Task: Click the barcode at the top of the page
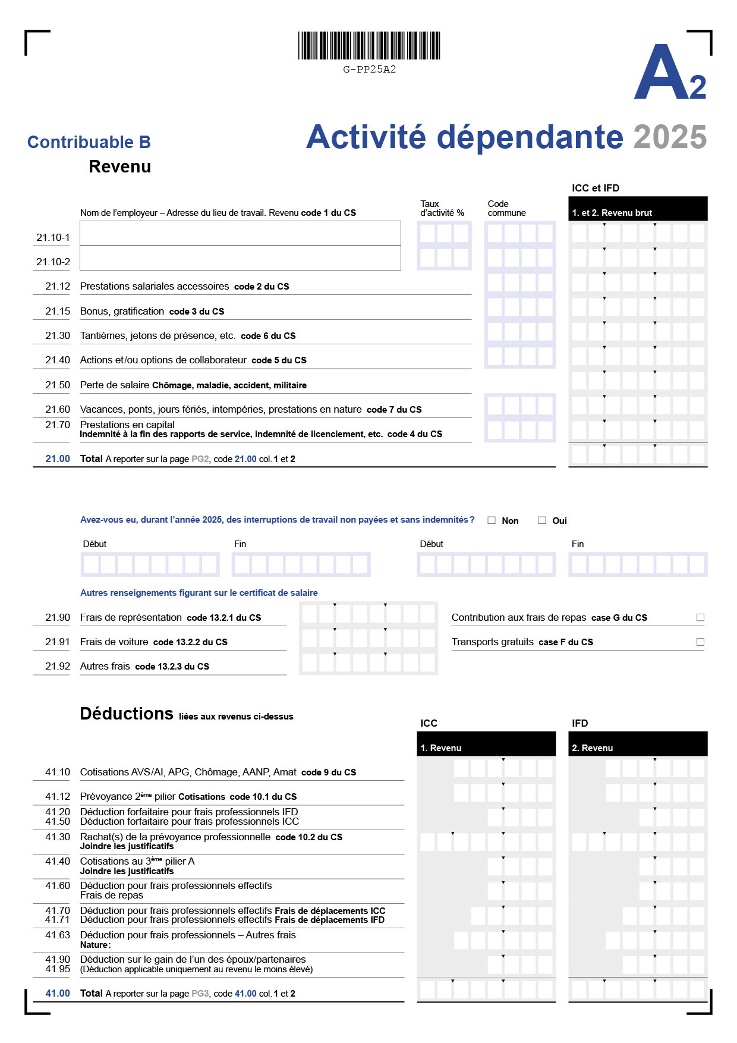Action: point(369,46)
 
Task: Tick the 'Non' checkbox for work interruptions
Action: point(492,520)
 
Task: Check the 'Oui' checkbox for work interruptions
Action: point(542,520)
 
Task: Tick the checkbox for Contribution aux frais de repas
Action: point(700,618)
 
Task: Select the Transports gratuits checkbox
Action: point(700,642)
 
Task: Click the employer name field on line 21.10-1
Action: point(240,233)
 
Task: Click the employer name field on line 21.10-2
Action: point(240,258)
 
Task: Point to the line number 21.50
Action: point(58,385)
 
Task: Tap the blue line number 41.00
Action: point(58,994)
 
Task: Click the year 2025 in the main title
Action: point(670,137)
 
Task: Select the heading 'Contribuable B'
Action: point(89,142)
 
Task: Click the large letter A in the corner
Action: point(661,74)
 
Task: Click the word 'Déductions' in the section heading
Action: point(127,714)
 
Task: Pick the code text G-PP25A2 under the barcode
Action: point(369,70)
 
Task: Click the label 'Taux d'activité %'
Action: point(442,208)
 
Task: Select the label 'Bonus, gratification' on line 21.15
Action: point(122,312)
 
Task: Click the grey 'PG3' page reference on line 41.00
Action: point(200,994)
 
